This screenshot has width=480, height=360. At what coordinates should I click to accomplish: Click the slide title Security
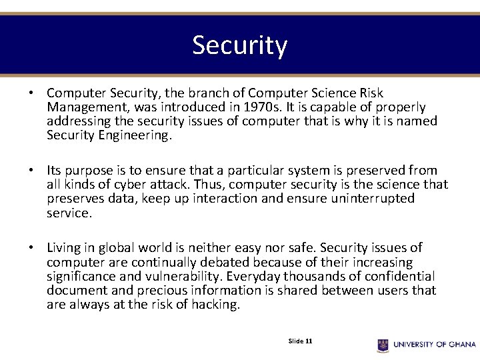tap(240, 45)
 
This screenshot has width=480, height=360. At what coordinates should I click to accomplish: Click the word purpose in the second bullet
tap(95, 171)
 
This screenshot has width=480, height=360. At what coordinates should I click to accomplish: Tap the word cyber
tap(140, 185)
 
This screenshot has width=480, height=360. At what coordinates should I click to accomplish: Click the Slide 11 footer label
tap(300, 341)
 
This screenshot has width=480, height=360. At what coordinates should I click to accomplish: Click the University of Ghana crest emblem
tap(383, 345)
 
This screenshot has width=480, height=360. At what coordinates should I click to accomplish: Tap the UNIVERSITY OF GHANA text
tap(435, 345)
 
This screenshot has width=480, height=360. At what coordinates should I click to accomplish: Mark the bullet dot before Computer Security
tap(31, 93)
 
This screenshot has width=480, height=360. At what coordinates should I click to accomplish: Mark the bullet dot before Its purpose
tap(31, 171)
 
